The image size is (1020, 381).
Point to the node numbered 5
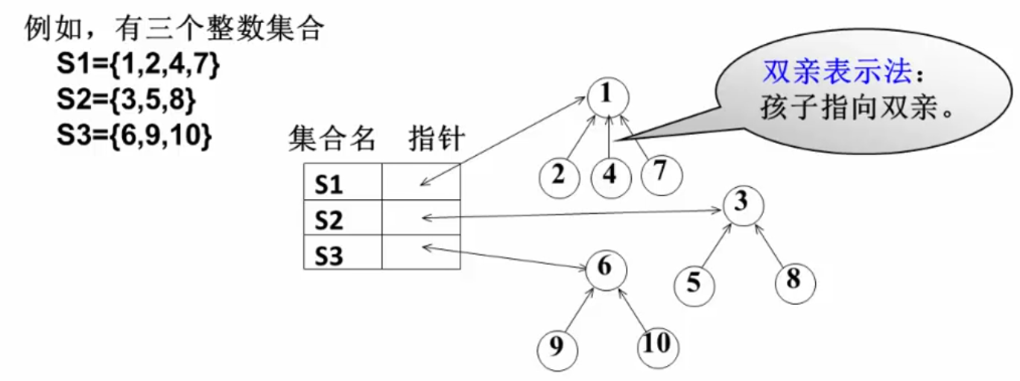694,284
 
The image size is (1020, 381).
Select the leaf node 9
558,347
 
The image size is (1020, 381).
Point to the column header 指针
437,139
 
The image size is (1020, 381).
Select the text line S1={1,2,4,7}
139,65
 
